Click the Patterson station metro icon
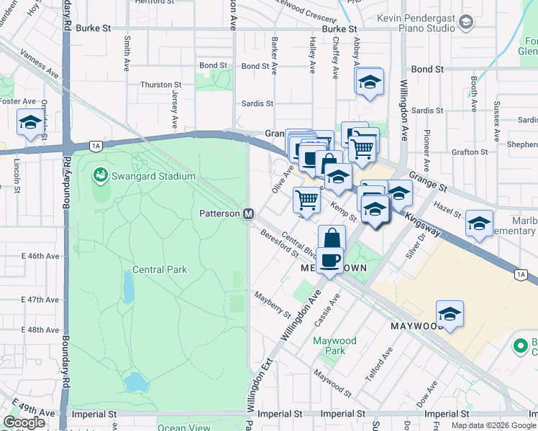pos(249,214)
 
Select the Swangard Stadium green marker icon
pos(99,175)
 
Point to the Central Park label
pos(159,270)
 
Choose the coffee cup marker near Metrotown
pos(329,260)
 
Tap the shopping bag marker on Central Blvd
pos(332,238)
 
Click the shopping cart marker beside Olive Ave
pos(307,200)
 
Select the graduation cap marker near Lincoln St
pos(30,124)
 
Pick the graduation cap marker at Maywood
pos(450,314)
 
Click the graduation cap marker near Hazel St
pos(479,223)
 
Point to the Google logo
pos(24,422)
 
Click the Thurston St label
pos(156,85)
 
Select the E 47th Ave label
pos(40,300)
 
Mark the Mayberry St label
pos(272,305)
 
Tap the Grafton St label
pos(470,152)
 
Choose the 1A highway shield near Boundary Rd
pos(96,146)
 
